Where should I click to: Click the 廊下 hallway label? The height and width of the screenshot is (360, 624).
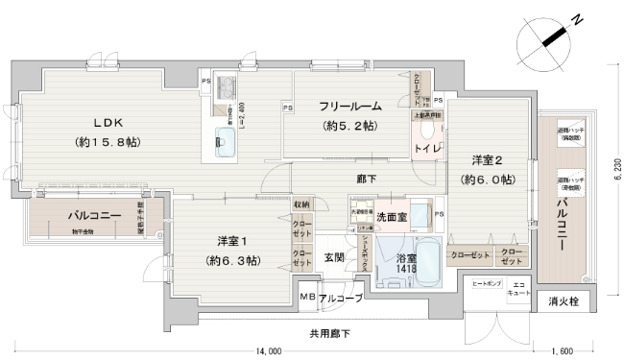366,179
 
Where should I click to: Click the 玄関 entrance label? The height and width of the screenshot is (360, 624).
334,256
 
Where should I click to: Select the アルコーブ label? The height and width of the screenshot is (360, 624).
341,300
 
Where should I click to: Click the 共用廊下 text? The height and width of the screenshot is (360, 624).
329,333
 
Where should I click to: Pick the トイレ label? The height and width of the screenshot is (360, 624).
426,148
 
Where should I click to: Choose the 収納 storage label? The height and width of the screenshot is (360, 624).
301,204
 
